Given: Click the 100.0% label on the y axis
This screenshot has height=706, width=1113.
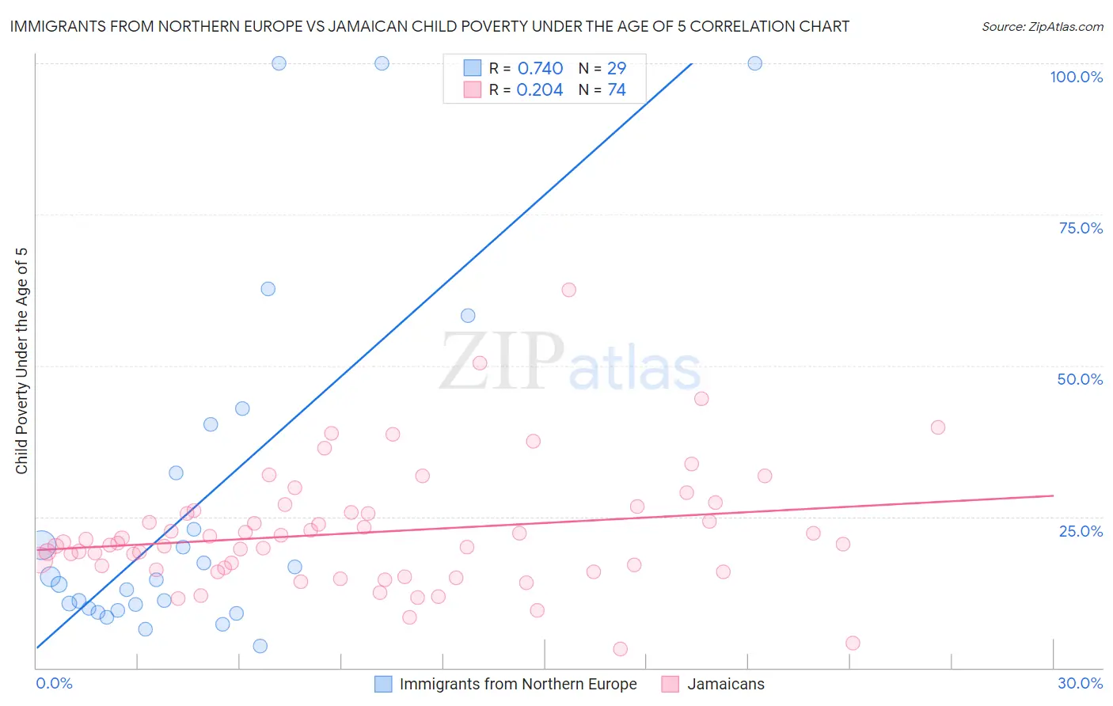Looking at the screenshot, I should click(x=1076, y=77).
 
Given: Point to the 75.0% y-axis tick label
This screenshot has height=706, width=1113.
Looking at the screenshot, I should click(x=1081, y=228).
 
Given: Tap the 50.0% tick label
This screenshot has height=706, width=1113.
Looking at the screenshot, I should click(x=1080, y=379).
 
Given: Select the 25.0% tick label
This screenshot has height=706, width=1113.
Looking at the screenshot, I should click(x=1081, y=530).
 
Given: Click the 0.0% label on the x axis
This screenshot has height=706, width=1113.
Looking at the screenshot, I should click(x=54, y=683).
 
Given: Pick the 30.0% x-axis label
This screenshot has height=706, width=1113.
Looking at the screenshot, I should click(x=1080, y=683).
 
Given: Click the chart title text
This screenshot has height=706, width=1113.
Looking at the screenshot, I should click(x=429, y=26).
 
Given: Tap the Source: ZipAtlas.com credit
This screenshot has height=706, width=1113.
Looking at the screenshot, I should click(x=1042, y=26).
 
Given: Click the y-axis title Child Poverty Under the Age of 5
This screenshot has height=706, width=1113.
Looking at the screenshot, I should click(x=21, y=361).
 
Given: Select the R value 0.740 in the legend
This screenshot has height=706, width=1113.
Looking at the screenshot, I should click(x=540, y=68).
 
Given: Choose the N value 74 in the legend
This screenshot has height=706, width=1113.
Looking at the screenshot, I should click(x=617, y=89).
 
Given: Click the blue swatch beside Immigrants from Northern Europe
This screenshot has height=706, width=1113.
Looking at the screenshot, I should click(x=383, y=684).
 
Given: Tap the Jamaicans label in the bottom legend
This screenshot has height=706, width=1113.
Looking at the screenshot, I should click(x=726, y=684).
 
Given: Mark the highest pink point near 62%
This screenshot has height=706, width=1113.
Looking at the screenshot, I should click(x=568, y=290).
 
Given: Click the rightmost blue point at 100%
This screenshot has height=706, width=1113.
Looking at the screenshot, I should click(x=755, y=63).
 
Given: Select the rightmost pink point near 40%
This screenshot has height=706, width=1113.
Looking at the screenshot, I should click(x=938, y=427).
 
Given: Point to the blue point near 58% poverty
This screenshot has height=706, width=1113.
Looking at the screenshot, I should click(x=468, y=316).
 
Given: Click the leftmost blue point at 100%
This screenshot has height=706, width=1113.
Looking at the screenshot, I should click(x=279, y=63).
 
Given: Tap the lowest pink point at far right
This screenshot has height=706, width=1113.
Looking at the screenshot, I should click(x=853, y=643).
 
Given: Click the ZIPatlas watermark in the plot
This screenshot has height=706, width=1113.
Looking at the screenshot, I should click(x=570, y=362).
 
